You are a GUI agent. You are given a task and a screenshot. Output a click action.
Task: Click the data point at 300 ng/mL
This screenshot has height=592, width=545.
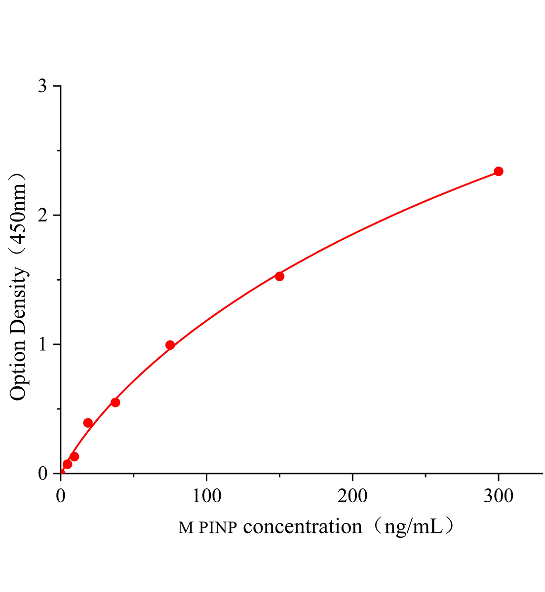point(499,171)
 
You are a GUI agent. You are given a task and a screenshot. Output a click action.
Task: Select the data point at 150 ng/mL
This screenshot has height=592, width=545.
point(279,276)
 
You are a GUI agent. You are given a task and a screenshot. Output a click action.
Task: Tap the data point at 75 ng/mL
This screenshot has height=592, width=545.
point(170,345)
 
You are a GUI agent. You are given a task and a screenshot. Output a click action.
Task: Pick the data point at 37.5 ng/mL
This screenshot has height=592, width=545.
point(116,402)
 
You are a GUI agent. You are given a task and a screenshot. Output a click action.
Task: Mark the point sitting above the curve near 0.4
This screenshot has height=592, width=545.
point(88,423)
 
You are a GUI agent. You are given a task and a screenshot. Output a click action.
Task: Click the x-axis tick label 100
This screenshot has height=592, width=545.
point(206,496)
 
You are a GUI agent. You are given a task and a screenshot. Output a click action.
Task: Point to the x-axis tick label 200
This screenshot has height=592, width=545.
point(352,496)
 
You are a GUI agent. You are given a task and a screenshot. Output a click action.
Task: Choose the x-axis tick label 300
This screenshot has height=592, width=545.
point(499,496)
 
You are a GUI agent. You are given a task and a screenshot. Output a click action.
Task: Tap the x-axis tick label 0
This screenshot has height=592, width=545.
point(61,496)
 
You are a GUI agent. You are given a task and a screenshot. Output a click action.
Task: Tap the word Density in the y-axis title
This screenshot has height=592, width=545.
point(18,301)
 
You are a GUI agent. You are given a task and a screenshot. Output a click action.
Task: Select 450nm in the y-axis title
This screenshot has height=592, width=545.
point(18,212)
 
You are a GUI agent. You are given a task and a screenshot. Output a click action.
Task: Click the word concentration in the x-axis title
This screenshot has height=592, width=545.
point(303,527)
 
